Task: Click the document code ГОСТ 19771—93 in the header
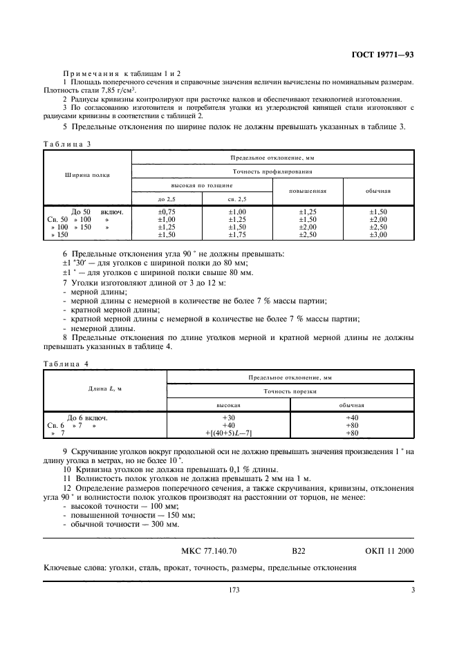click(383, 55)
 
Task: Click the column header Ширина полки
click(88, 175)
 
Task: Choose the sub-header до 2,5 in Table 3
click(167, 199)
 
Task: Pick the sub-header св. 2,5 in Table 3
click(237, 199)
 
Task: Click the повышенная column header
click(308, 191)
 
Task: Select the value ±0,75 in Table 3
click(167, 212)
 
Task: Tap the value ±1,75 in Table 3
click(237, 235)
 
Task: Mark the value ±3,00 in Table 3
click(378, 235)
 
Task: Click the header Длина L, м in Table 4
click(105, 389)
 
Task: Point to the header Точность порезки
click(290, 391)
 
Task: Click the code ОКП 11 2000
click(388, 551)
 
